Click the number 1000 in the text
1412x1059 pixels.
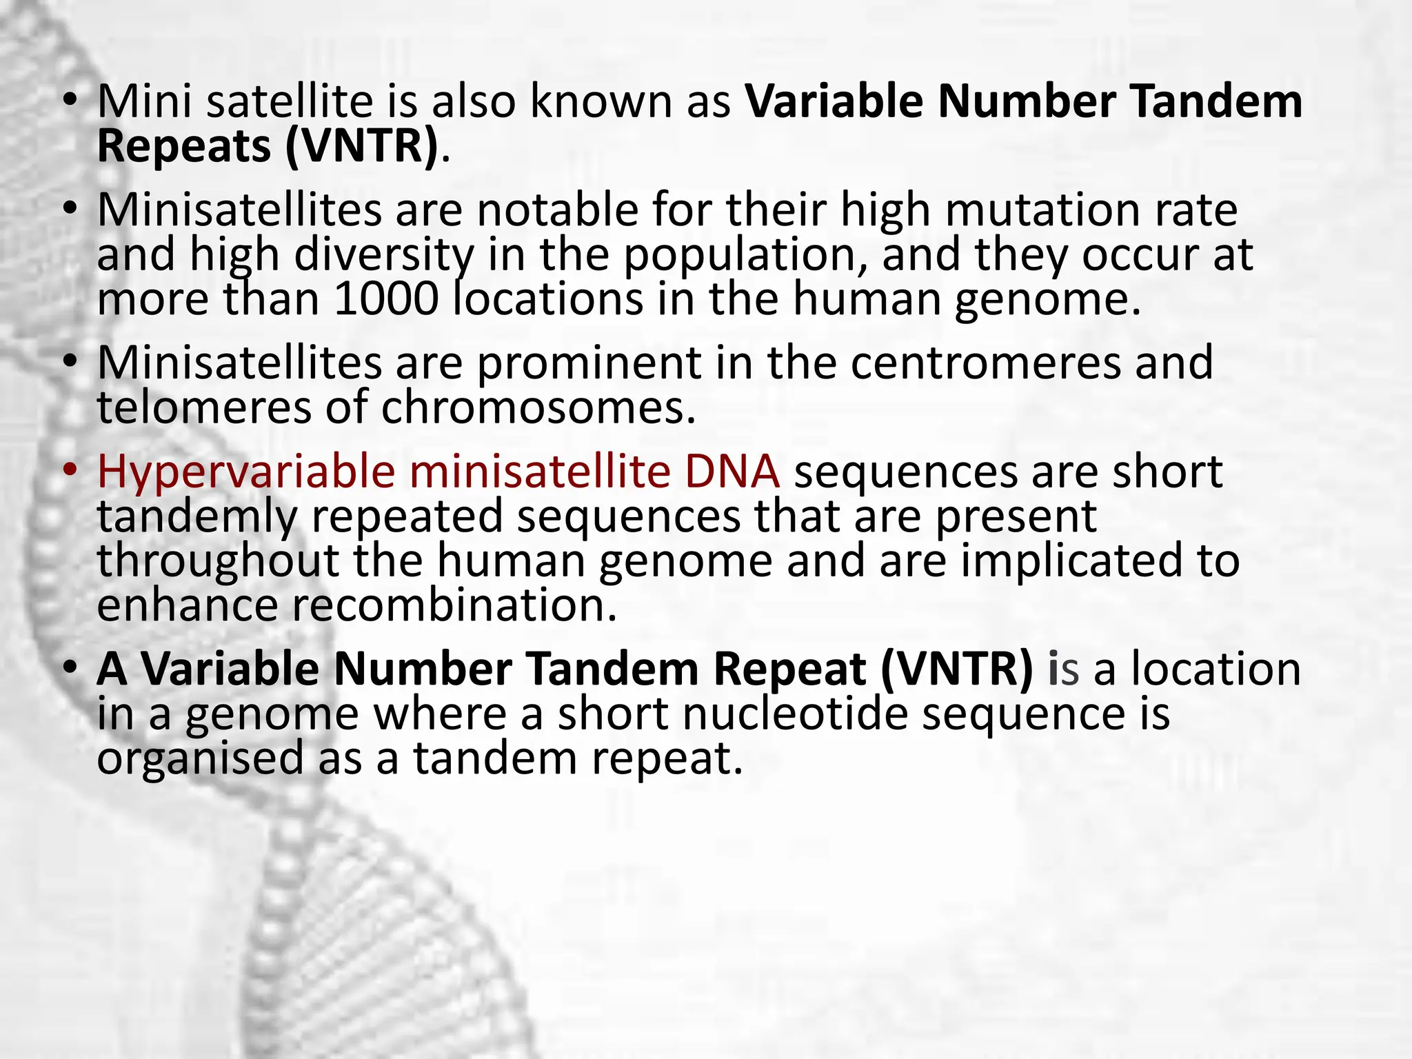[386, 299]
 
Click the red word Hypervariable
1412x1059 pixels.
[246, 473]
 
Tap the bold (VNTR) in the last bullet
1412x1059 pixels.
[957, 669]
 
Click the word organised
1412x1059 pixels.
[200, 758]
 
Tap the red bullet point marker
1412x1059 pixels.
[69, 470]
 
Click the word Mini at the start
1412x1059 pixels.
[145, 101]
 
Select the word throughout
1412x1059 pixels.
[218, 561]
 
